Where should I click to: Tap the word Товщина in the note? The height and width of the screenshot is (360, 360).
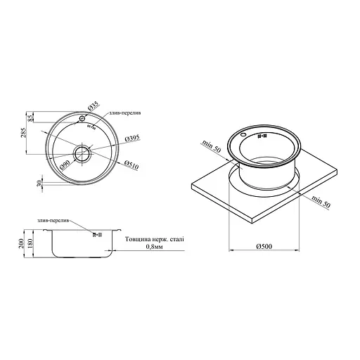(x=138, y=239)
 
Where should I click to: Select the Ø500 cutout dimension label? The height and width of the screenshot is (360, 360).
(x=265, y=245)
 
